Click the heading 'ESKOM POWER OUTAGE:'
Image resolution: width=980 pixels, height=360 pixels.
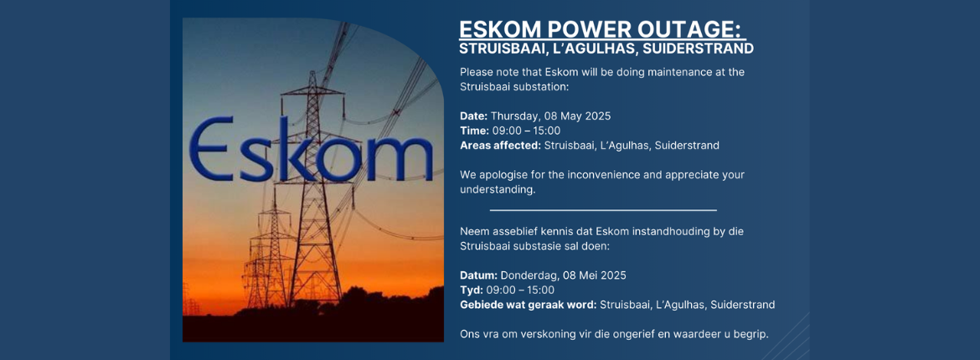[602, 28]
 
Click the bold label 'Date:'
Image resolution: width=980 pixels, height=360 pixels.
[474, 116]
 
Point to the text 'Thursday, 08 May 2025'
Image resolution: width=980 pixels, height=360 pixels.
[550, 116]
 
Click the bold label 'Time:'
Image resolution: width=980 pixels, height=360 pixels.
[474, 131]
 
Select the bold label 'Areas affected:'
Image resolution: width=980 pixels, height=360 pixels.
[501, 146]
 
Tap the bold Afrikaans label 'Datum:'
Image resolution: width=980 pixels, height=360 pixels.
[479, 275]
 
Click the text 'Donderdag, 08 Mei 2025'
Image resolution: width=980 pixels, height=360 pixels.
[564, 275]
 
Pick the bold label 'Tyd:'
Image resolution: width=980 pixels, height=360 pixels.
[471, 290]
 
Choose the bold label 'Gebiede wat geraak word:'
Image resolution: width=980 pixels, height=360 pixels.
[529, 305]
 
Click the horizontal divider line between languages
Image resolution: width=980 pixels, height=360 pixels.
[603, 211]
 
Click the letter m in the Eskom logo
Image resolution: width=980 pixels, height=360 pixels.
[400, 159]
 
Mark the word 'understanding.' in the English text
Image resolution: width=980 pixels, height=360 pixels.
[498, 190]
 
